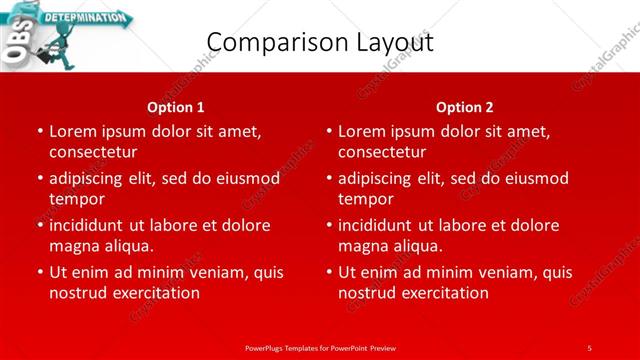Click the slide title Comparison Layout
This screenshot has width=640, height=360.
319,42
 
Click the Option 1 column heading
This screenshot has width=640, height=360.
176,106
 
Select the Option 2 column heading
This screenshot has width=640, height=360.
465,106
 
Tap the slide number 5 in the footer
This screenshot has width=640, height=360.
589,347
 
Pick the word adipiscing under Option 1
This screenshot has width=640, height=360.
92,178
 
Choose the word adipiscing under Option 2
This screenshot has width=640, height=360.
381,178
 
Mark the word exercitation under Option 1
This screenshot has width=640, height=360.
155,293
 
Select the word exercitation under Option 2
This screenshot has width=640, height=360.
444,293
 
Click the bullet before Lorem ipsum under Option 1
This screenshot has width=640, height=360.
38,131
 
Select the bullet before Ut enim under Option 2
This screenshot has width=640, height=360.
327,272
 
